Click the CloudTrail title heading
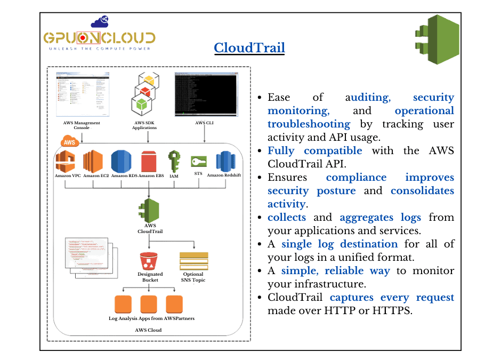pos(249,47)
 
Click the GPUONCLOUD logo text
pos(100,38)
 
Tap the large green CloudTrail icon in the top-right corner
pos(437,40)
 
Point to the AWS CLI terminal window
pos(205,95)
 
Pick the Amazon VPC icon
pos(67,162)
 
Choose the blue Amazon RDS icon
pos(121,162)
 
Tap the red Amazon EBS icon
pos(148,162)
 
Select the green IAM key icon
pos(174,162)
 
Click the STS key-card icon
pos(199,162)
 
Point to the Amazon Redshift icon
pos(224,162)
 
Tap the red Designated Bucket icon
pos(149,261)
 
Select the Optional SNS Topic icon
pos(193,261)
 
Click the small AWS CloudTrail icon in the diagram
pos(149,210)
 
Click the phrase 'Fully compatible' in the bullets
pos(314,150)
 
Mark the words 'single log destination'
pos(340,244)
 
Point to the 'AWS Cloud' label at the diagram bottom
pos(148,330)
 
